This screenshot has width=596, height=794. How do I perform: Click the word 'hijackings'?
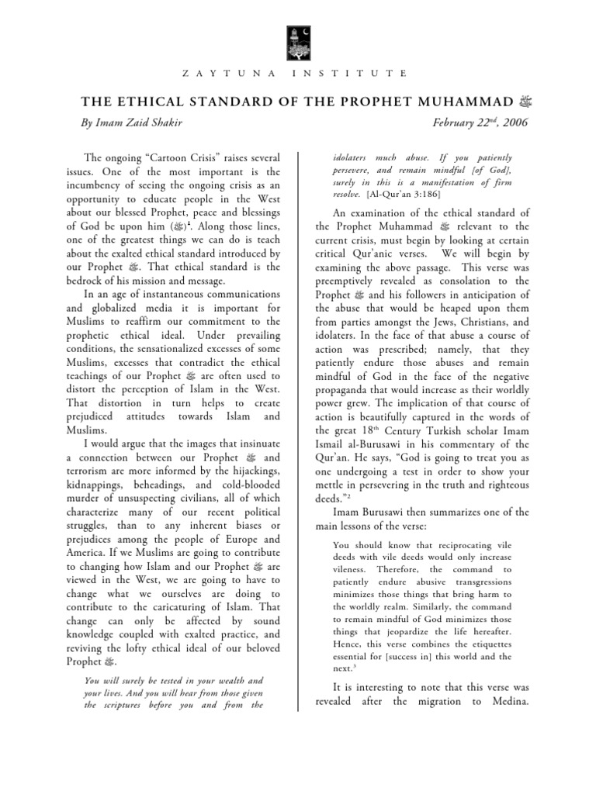[x=246, y=471]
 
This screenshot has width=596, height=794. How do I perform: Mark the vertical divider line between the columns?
[x=298, y=426]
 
